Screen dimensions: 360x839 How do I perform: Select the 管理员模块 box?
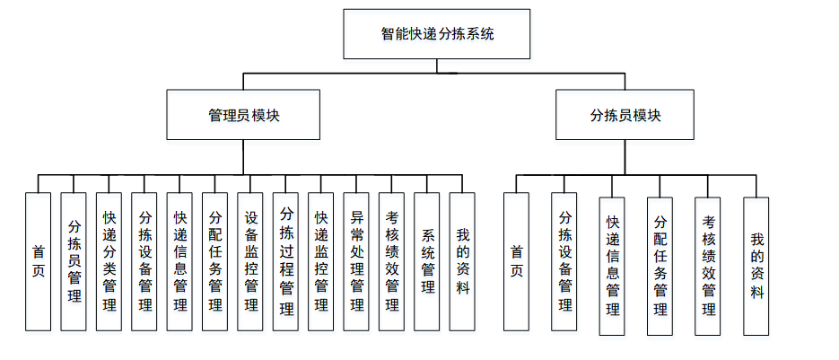(243, 115)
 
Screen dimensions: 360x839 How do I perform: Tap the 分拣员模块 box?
(625, 115)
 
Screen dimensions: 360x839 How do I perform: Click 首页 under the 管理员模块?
(38, 261)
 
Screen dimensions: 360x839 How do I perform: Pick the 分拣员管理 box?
(74, 261)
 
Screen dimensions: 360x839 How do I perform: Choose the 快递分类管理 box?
(109, 261)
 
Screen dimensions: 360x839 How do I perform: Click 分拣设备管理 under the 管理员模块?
(144, 261)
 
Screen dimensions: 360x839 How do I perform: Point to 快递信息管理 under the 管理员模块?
(179, 261)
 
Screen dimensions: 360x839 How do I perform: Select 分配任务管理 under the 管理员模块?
(214, 261)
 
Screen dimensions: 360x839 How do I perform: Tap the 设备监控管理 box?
(250, 261)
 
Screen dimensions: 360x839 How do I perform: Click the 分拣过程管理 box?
(285, 261)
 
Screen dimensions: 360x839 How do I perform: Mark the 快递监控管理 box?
(320, 261)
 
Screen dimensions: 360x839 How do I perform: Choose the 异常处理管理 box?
(356, 261)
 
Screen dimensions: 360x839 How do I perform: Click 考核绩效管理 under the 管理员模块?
(391, 261)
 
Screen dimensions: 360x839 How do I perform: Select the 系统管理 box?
(427, 261)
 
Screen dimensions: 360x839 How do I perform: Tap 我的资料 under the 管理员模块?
(462, 261)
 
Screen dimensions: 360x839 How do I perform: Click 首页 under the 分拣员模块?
(516, 261)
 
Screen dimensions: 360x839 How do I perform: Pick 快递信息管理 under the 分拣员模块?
(613, 266)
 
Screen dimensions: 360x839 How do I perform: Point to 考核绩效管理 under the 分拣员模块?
(708, 266)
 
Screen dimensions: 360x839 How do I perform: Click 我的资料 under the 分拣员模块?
(756, 266)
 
